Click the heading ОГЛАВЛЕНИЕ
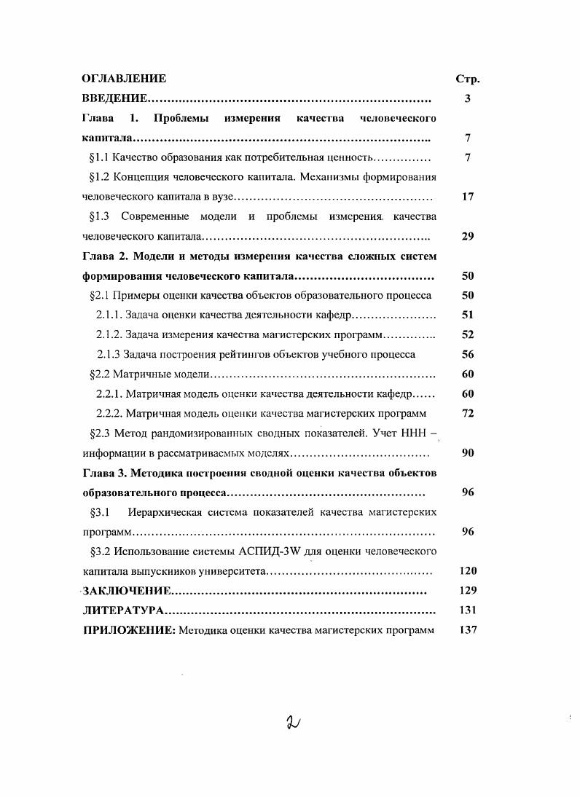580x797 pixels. [124, 79]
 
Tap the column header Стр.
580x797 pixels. [467, 79]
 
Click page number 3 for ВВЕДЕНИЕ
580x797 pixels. [467, 98]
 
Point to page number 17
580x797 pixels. [468, 197]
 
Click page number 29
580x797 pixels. [468, 237]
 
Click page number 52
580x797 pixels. [468, 334]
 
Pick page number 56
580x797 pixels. [468, 354]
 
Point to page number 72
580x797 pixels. [468, 413]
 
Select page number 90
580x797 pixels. [468, 452]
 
